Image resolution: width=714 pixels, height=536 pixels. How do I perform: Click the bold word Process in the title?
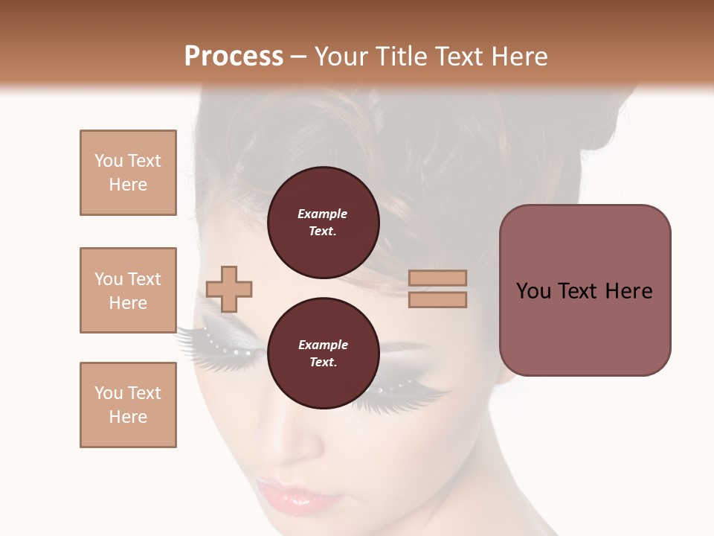click(234, 57)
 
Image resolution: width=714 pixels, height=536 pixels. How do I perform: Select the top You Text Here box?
click(128, 173)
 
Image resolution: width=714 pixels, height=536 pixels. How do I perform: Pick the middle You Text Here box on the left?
click(128, 290)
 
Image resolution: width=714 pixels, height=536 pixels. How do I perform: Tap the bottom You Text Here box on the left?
click(128, 405)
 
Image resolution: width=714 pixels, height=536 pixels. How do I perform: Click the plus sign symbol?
click(229, 288)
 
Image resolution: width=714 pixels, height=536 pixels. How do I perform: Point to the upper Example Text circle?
click(323, 223)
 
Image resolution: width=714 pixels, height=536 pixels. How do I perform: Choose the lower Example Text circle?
click(323, 354)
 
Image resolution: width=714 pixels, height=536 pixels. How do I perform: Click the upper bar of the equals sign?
click(437, 278)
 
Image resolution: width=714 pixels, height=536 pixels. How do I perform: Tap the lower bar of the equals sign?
click(437, 299)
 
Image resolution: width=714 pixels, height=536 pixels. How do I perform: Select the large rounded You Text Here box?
click(585, 290)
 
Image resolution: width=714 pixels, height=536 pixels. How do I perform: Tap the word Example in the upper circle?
click(323, 214)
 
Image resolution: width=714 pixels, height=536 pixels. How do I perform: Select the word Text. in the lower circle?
click(323, 363)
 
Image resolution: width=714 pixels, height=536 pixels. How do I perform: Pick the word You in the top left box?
click(108, 161)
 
